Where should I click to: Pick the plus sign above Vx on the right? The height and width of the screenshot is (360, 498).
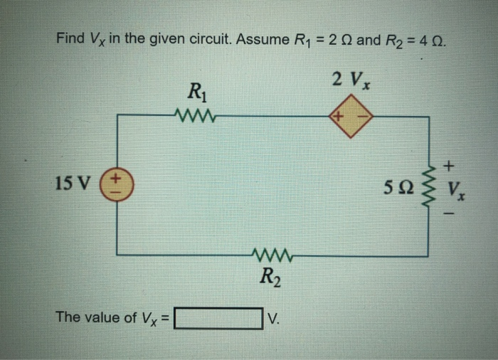(449, 167)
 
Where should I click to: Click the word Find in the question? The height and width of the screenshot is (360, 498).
(70, 38)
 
